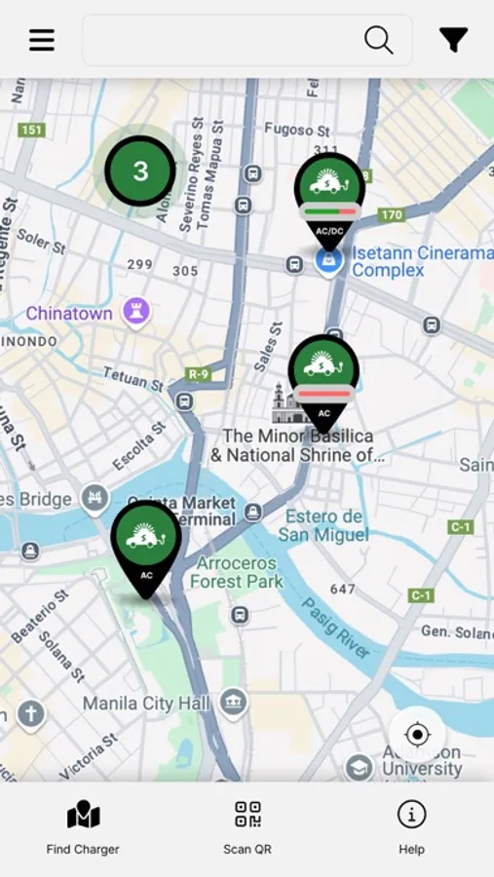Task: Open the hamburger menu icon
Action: (42, 40)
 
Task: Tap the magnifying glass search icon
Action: (378, 40)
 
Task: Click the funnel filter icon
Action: (453, 40)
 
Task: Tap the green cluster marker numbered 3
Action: (140, 172)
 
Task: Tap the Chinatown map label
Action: (68, 314)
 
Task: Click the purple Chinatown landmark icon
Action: (135, 313)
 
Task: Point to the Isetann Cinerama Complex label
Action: (422, 261)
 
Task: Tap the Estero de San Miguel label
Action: (323, 525)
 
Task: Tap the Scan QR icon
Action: (247, 815)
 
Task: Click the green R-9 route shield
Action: (199, 374)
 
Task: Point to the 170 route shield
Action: (392, 214)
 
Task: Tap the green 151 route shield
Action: (33, 130)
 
